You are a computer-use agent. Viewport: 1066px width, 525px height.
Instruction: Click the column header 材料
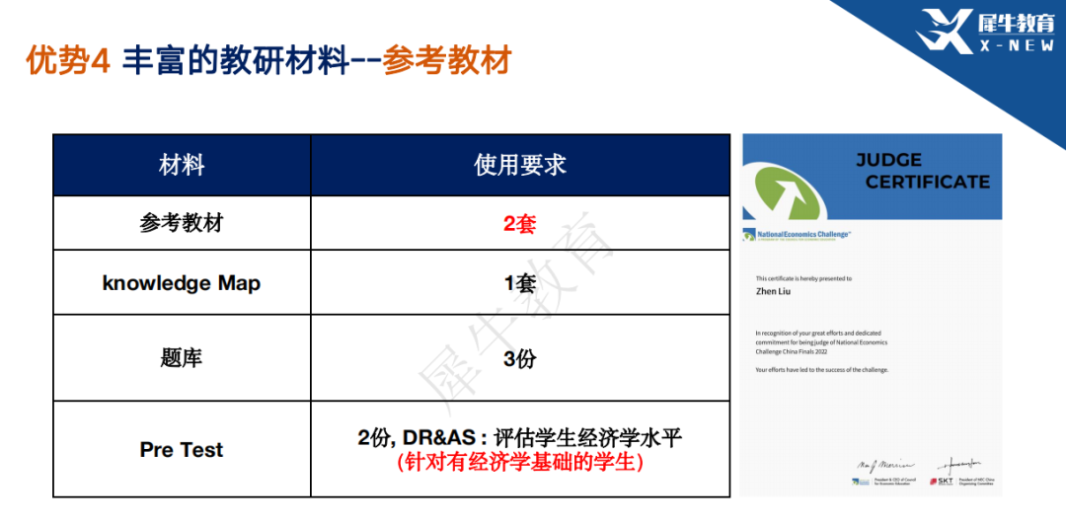pyautogui.click(x=182, y=165)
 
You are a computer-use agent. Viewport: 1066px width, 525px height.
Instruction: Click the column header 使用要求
pyautogui.click(x=520, y=165)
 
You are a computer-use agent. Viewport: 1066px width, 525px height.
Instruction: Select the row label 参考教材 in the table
pyautogui.click(x=182, y=223)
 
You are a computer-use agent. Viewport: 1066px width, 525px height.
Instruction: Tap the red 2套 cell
pyautogui.click(x=520, y=223)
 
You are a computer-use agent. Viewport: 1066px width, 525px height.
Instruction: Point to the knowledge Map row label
pyautogui.click(x=182, y=283)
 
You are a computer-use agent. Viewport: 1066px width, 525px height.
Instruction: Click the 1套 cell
pyautogui.click(x=520, y=283)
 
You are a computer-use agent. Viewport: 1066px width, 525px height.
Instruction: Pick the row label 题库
pyautogui.click(x=182, y=357)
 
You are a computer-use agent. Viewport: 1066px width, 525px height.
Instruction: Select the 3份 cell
pyautogui.click(x=520, y=357)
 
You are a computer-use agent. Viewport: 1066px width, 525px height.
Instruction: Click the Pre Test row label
pyautogui.click(x=182, y=450)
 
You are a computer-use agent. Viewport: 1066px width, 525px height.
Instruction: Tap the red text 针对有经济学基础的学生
pyautogui.click(x=520, y=462)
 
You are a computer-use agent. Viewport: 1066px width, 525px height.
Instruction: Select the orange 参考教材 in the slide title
pyautogui.click(x=446, y=61)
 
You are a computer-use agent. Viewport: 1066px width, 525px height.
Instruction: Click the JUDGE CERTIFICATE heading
pyautogui.click(x=913, y=171)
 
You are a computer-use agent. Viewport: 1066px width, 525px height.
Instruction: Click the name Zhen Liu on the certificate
pyautogui.click(x=774, y=291)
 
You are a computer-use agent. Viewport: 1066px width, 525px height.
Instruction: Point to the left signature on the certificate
pyautogui.click(x=884, y=465)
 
